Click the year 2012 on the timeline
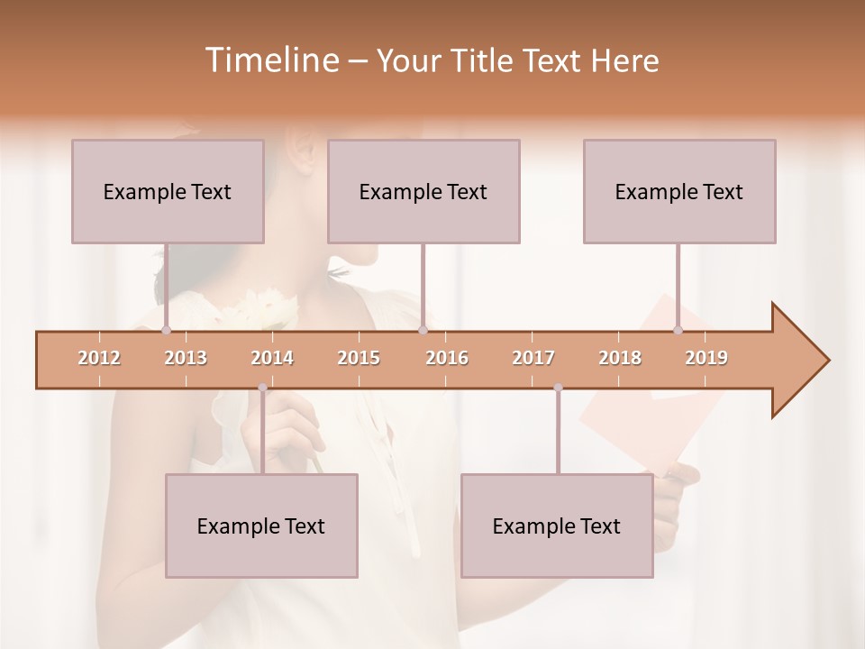tap(99, 358)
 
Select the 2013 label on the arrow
tap(186, 358)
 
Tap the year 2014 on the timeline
tap(272, 358)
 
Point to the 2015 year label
tap(359, 358)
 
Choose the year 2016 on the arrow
tap(447, 358)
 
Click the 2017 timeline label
tap(533, 358)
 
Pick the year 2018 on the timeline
tap(620, 358)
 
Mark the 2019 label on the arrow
tap(706, 358)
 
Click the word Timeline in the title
tap(270, 60)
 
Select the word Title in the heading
tap(484, 61)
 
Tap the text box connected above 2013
tap(168, 191)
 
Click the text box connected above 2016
tap(423, 191)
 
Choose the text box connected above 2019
tap(679, 191)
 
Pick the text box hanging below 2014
tap(261, 526)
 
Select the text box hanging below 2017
tap(557, 526)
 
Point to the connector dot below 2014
tap(262, 388)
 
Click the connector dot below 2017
tap(558, 388)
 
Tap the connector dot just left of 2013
tap(166, 331)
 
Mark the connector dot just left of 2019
tap(678, 331)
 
